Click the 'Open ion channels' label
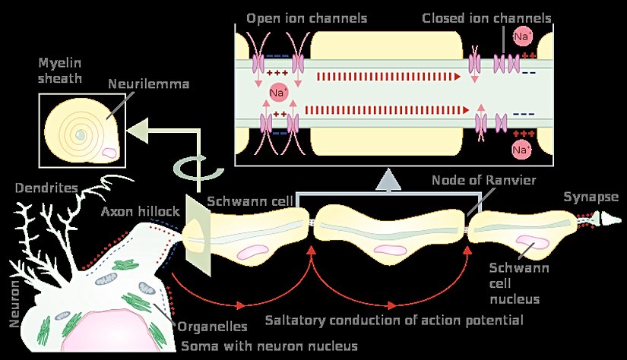coord(296,17)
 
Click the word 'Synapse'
coord(591,197)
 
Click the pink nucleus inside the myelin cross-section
coord(111,153)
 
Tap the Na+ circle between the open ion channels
coord(279,93)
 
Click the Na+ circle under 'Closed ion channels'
coord(522,36)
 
